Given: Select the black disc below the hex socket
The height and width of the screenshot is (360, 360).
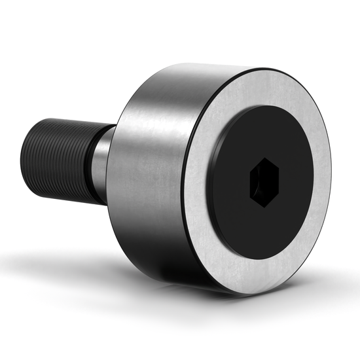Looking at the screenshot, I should (265, 226).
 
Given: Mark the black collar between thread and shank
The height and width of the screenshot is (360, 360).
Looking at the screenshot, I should (92, 166).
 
